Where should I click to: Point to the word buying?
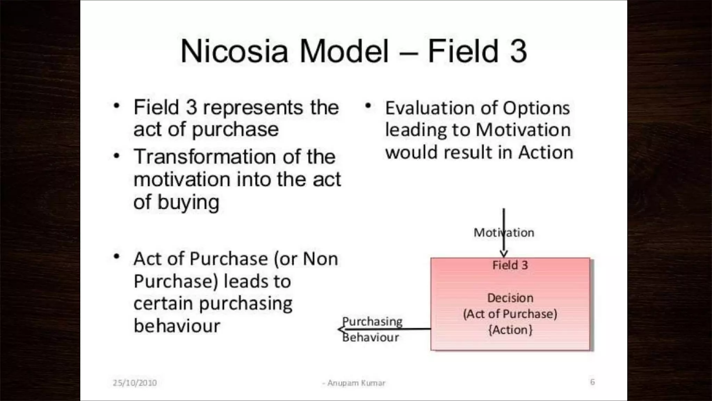(x=188, y=203)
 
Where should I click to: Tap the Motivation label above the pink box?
(x=504, y=233)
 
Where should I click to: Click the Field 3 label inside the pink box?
(x=510, y=265)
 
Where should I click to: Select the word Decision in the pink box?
(x=510, y=298)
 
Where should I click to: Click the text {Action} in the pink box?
(x=510, y=330)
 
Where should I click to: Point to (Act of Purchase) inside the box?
(x=510, y=314)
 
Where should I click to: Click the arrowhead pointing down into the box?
(x=504, y=254)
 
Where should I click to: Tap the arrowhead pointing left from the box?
(x=341, y=329)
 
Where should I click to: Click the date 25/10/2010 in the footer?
(x=135, y=383)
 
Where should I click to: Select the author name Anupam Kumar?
(x=356, y=383)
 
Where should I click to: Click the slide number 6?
(x=592, y=382)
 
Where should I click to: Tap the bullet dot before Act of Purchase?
(x=117, y=257)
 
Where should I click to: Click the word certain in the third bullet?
(x=163, y=304)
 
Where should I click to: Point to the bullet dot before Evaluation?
(x=368, y=105)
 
